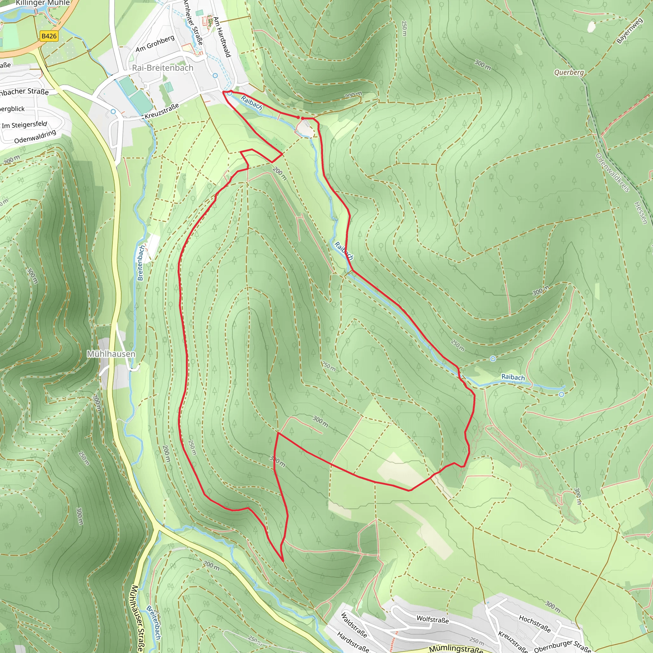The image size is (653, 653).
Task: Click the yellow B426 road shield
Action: (49, 36)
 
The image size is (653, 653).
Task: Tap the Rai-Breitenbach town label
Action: (163, 68)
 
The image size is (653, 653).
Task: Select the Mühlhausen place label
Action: (111, 354)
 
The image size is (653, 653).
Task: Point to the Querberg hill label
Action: (569, 72)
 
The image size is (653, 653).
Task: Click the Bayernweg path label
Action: (629, 31)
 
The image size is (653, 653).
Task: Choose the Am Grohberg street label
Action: (155, 44)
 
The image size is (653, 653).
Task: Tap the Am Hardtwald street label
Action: (222, 37)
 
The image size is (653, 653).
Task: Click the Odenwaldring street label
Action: (35, 136)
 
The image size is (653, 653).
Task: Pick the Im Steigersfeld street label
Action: (24, 125)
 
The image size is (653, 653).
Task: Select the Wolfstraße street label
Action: (432, 619)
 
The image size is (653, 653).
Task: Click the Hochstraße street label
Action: (535, 624)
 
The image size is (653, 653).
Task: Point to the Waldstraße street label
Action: (354, 625)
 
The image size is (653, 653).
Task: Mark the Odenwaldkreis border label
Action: (613, 173)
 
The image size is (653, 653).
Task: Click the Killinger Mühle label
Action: (43, 3)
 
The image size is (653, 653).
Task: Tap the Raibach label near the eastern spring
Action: (513, 377)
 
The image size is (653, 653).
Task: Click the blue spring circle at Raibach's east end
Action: (561, 394)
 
